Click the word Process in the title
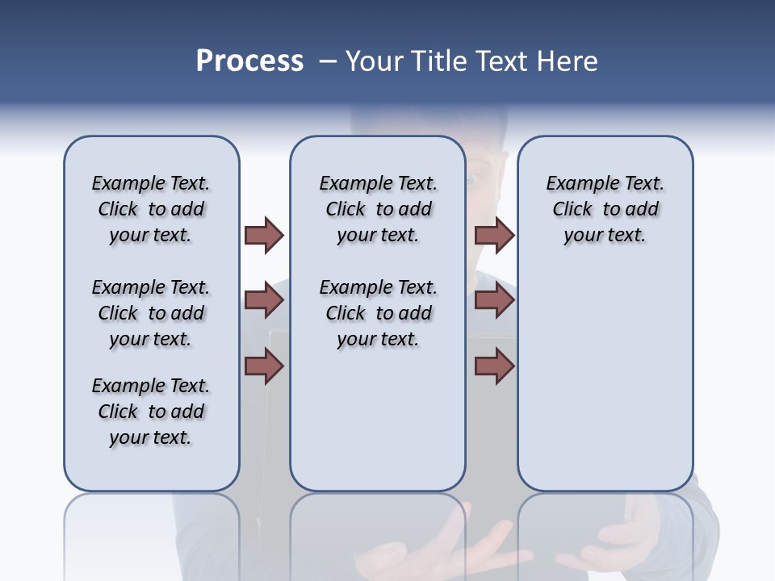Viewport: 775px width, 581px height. pyautogui.click(x=249, y=61)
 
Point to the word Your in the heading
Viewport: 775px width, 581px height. pyautogui.click(x=375, y=61)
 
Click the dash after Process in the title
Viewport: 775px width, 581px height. pyautogui.click(x=327, y=62)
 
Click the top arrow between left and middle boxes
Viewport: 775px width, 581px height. pyautogui.click(x=264, y=235)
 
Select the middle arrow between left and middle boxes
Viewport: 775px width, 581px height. pyautogui.click(x=264, y=301)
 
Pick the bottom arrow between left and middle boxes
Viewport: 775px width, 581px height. pyautogui.click(x=264, y=367)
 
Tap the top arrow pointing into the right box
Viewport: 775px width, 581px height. pyautogui.click(x=494, y=235)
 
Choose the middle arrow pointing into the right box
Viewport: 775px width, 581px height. pyautogui.click(x=494, y=301)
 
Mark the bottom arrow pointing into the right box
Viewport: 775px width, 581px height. pyautogui.click(x=494, y=367)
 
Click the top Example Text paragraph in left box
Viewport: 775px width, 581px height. pyautogui.click(x=151, y=209)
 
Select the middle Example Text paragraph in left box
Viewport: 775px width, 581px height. pyautogui.click(x=151, y=313)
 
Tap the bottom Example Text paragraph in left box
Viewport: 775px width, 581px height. pyautogui.click(x=151, y=412)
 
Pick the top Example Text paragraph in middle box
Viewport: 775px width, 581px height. pyautogui.click(x=378, y=209)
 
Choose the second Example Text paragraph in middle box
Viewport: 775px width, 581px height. pyautogui.click(x=378, y=313)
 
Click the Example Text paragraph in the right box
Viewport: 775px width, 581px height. pyautogui.click(x=605, y=209)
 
